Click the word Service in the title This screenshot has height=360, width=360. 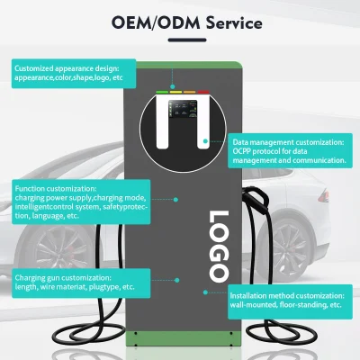tap(234, 23)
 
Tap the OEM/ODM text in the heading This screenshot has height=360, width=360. tap(156, 23)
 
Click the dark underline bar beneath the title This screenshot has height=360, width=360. tap(187, 40)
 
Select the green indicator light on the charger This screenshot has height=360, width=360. tap(162, 92)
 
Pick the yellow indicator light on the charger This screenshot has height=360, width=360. tap(176, 92)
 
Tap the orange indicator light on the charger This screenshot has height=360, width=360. tap(190, 92)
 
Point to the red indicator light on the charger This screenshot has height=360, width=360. tap(203, 92)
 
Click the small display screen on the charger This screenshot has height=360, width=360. tap(183, 109)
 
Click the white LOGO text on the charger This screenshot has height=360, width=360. tap(220, 247)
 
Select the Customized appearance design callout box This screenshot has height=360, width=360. tap(74, 74)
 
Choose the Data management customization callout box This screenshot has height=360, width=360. tap(290, 150)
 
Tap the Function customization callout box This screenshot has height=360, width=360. tap(81, 202)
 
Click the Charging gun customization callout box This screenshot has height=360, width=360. tap(81, 283)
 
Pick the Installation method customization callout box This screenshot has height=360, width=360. tap(290, 301)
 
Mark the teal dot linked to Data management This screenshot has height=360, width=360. tap(205, 140)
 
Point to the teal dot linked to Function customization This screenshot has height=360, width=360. tap(175, 200)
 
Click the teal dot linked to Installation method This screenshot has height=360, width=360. tap(205, 292)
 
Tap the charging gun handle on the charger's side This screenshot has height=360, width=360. tap(256, 200)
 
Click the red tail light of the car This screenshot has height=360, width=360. tap(324, 196)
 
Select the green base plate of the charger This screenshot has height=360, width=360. tap(184, 338)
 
